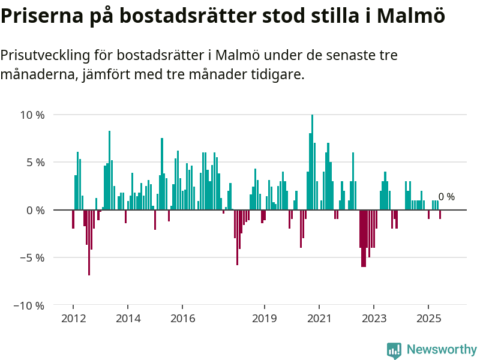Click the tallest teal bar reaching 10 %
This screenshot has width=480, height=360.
pyautogui.click(x=312, y=162)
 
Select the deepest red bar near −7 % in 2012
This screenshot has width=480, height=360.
pyautogui.click(x=89, y=242)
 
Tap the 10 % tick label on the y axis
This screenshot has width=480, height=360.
pyautogui.click(x=33, y=115)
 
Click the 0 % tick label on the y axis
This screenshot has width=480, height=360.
pyautogui.click(x=36, y=210)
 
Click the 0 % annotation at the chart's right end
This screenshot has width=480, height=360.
pyautogui.click(x=446, y=197)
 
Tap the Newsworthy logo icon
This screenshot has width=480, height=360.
pyautogui.click(x=394, y=350)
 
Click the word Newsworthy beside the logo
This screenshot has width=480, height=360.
pyautogui.click(x=441, y=350)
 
